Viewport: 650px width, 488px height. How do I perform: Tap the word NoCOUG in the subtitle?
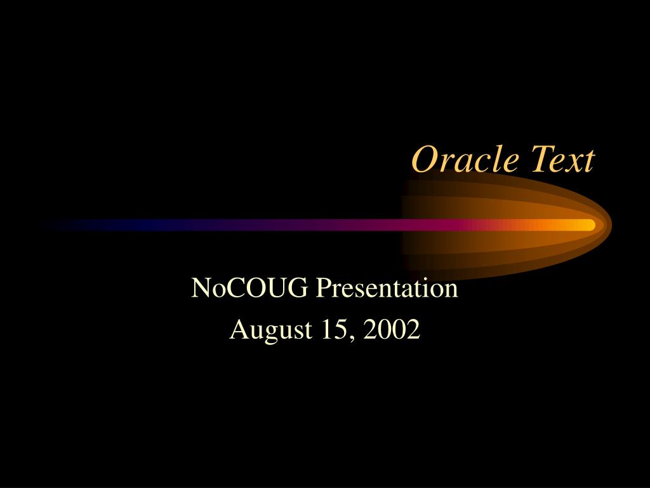point(249,287)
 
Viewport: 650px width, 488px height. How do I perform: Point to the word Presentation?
point(387,287)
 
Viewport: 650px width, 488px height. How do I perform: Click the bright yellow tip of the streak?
point(592,225)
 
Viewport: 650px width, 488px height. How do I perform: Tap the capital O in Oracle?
point(425,159)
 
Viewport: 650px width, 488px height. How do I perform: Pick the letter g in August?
point(270,334)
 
